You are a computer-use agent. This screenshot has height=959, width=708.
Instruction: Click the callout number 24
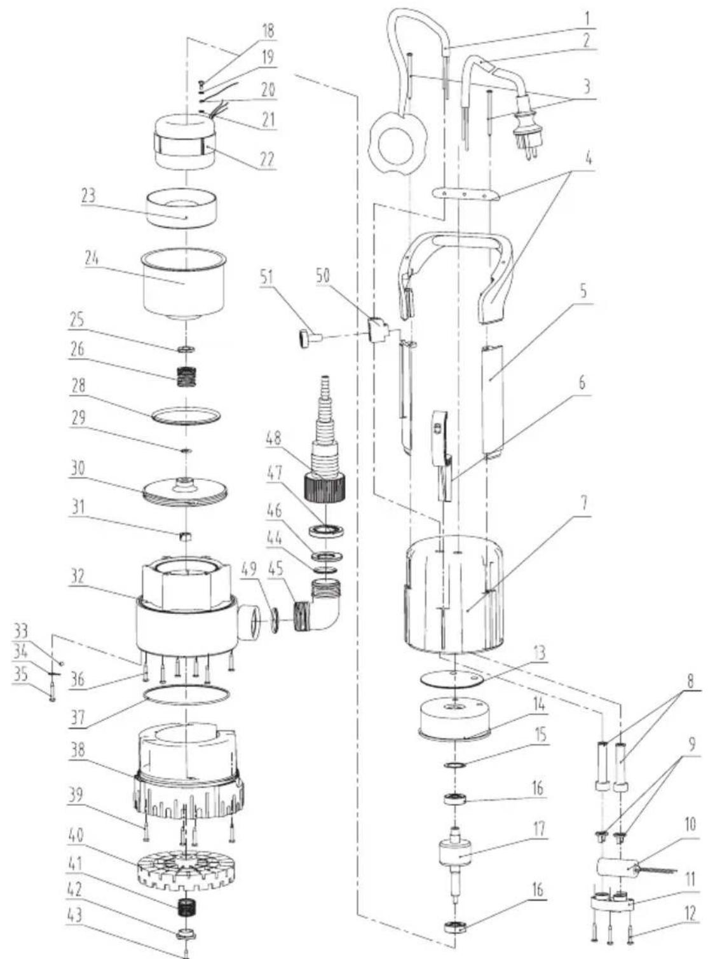click(89, 260)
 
